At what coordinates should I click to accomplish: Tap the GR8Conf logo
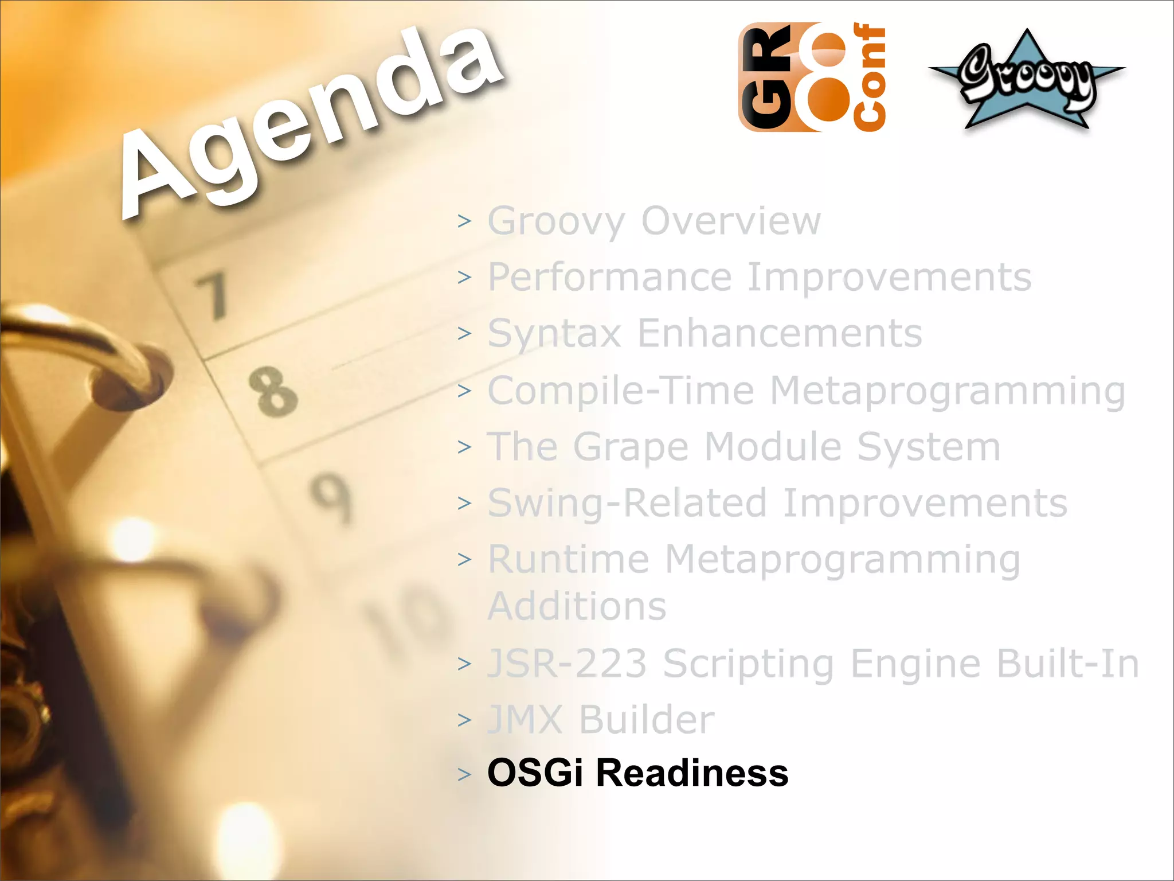(x=812, y=77)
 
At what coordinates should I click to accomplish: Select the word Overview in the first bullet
(x=731, y=220)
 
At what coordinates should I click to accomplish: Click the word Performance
(x=609, y=278)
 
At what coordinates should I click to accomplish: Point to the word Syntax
(x=554, y=334)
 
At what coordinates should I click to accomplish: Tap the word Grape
(x=631, y=447)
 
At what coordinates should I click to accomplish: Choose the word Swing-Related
(x=627, y=504)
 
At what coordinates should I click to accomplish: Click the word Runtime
(x=568, y=559)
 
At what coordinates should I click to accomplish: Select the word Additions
(x=577, y=606)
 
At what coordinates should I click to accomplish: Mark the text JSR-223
(x=567, y=663)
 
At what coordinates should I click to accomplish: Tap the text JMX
(x=525, y=719)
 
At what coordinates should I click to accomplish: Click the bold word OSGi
(x=535, y=773)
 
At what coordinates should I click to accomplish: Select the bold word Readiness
(x=692, y=773)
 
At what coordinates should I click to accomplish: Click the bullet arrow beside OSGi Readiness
(x=464, y=774)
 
